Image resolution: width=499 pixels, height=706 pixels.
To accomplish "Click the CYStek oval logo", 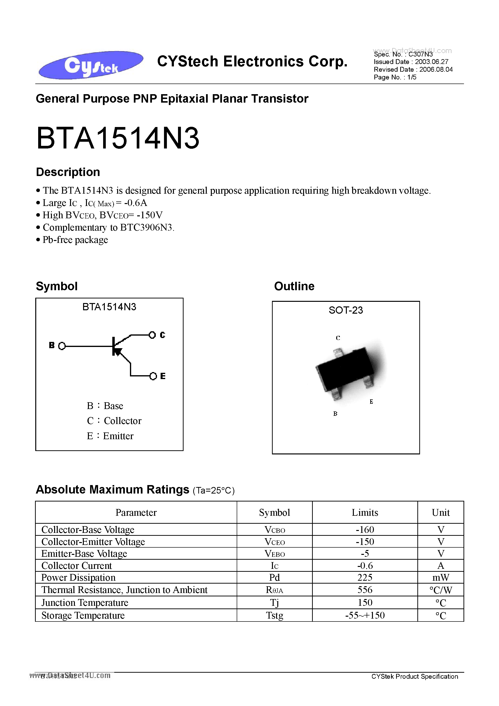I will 91,65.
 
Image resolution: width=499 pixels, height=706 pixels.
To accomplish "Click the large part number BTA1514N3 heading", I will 118,139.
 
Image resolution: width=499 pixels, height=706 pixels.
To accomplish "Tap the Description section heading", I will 68,172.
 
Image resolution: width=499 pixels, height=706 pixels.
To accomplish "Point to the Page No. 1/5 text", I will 395,77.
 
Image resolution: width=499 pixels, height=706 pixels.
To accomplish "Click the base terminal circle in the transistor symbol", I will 62,346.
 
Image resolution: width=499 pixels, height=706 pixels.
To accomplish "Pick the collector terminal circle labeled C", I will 152,335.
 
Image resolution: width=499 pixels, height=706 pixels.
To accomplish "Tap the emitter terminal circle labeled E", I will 153,376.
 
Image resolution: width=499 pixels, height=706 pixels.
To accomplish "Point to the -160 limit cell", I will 365,529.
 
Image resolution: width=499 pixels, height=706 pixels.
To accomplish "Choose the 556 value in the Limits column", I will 365,590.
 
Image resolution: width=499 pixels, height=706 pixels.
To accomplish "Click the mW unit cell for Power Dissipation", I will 441,578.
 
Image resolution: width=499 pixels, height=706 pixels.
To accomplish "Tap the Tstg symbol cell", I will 274,615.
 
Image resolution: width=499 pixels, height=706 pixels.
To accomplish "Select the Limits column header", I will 365,512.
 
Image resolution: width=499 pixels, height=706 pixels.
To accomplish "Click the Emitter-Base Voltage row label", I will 84,553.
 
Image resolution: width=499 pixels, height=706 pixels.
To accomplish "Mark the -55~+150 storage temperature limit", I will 365,615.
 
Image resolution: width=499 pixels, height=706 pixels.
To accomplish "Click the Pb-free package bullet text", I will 75,240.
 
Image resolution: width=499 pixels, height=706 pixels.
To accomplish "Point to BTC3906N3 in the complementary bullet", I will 146,227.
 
